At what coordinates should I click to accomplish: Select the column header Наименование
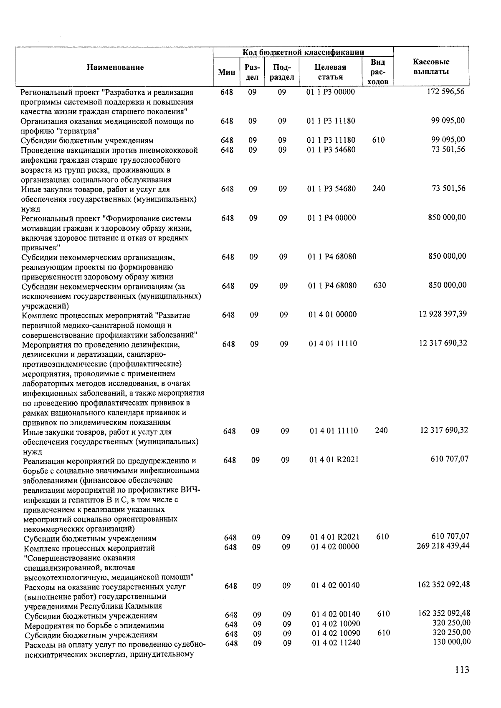(x=115, y=67)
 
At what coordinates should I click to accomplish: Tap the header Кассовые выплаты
(x=431, y=67)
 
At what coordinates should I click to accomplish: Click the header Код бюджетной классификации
(x=304, y=52)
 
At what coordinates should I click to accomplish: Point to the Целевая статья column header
(x=330, y=72)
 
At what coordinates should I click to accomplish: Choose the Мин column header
(x=226, y=72)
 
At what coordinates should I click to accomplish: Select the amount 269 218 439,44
(x=443, y=546)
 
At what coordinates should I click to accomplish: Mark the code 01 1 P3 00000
(x=331, y=92)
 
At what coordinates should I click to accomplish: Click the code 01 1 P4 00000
(x=332, y=217)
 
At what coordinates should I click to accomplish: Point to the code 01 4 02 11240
(x=336, y=643)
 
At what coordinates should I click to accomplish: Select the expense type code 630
(x=380, y=286)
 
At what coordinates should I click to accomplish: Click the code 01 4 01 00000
(x=333, y=314)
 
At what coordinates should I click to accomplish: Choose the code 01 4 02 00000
(x=335, y=547)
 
